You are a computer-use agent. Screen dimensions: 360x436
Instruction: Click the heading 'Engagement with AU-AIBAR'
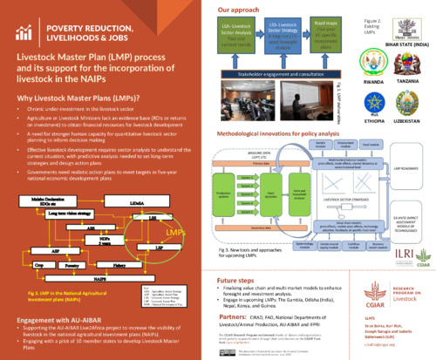(x=69, y=320)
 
